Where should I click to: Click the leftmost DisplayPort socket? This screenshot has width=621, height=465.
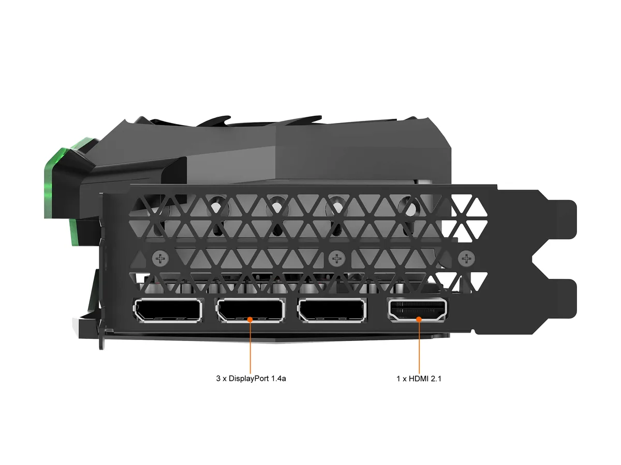click(x=168, y=311)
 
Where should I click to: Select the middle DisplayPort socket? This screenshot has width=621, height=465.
click(x=250, y=309)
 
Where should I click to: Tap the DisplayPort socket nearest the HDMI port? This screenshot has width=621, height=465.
click(x=332, y=309)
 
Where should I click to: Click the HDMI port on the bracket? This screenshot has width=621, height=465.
click(x=418, y=309)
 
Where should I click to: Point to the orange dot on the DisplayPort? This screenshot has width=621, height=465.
click(x=250, y=319)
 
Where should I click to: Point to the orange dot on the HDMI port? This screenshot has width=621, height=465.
click(x=419, y=319)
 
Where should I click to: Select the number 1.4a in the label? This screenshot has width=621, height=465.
click(x=278, y=378)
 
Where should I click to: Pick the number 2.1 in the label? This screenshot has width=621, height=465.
click(x=436, y=379)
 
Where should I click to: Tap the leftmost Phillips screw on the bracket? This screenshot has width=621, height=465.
click(x=161, y=258)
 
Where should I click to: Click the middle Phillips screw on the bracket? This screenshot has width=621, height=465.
click(x=337, y=258)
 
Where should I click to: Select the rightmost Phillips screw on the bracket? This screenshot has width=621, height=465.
click(x=467, y=258)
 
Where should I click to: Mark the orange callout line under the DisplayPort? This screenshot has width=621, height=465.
click(x=250, y=348)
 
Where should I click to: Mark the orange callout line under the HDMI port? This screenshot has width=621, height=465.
click(x=419, y=348)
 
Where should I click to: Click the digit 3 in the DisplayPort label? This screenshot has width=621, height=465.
click(x=218, y=378)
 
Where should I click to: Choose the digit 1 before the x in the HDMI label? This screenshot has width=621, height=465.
click(x=398, y=379)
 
